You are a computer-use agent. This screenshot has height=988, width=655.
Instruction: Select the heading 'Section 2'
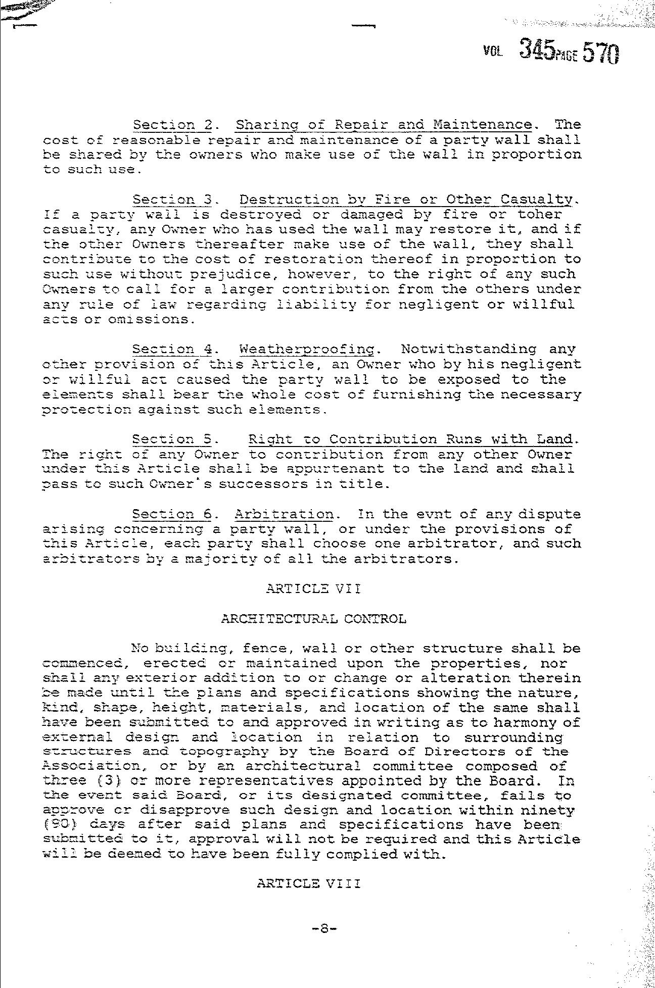coord(172,124)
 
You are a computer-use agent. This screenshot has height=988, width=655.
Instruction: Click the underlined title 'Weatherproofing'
coord(307,349)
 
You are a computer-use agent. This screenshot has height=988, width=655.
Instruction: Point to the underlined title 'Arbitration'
coord(284,514)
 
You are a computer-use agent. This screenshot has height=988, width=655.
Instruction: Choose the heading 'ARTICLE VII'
coord(313,588)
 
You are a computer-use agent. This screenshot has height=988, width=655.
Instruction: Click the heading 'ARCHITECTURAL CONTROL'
coord(313,618)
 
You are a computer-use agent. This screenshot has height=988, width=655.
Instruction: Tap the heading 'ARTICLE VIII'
coord(309,883)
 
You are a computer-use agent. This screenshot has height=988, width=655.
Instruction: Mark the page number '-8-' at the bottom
coord(324,928)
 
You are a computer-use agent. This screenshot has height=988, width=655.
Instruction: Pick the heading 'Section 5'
coord(172,439)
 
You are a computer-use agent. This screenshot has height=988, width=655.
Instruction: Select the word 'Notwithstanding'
coord(469,349)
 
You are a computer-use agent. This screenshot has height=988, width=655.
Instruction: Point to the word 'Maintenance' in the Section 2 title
coord(483,124)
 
